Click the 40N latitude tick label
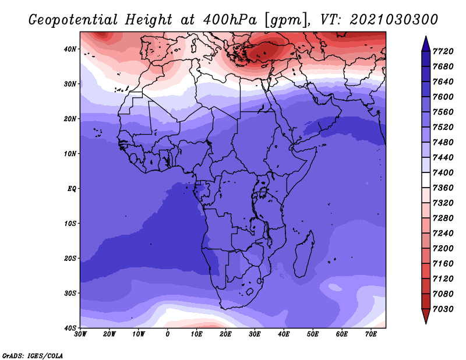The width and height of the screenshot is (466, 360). [70, 49]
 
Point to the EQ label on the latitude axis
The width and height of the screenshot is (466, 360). [72, 189]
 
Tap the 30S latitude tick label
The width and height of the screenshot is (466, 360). [70, 294]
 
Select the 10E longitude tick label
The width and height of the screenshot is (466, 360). [196, 334]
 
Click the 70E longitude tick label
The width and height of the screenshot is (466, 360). [371, 334]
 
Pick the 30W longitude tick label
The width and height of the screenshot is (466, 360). [80, 334]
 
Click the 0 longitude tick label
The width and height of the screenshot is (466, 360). [168, 334]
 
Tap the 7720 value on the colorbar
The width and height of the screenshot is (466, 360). [443, 51]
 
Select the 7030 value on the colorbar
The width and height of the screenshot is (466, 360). [443, 309]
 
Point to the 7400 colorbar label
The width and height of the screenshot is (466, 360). [443, 172]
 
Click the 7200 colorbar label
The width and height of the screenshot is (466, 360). [443, 249]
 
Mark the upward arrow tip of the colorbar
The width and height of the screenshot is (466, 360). [426, 36]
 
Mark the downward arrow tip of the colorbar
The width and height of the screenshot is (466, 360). [426, 323]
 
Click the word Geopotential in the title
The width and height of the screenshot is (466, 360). [73, 20]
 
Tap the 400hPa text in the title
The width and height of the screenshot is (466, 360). [230, 20]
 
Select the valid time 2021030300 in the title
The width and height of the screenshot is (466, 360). [394, 20]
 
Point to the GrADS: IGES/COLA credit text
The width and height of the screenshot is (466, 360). [33, 356]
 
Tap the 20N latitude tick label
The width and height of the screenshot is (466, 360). [70, 119]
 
